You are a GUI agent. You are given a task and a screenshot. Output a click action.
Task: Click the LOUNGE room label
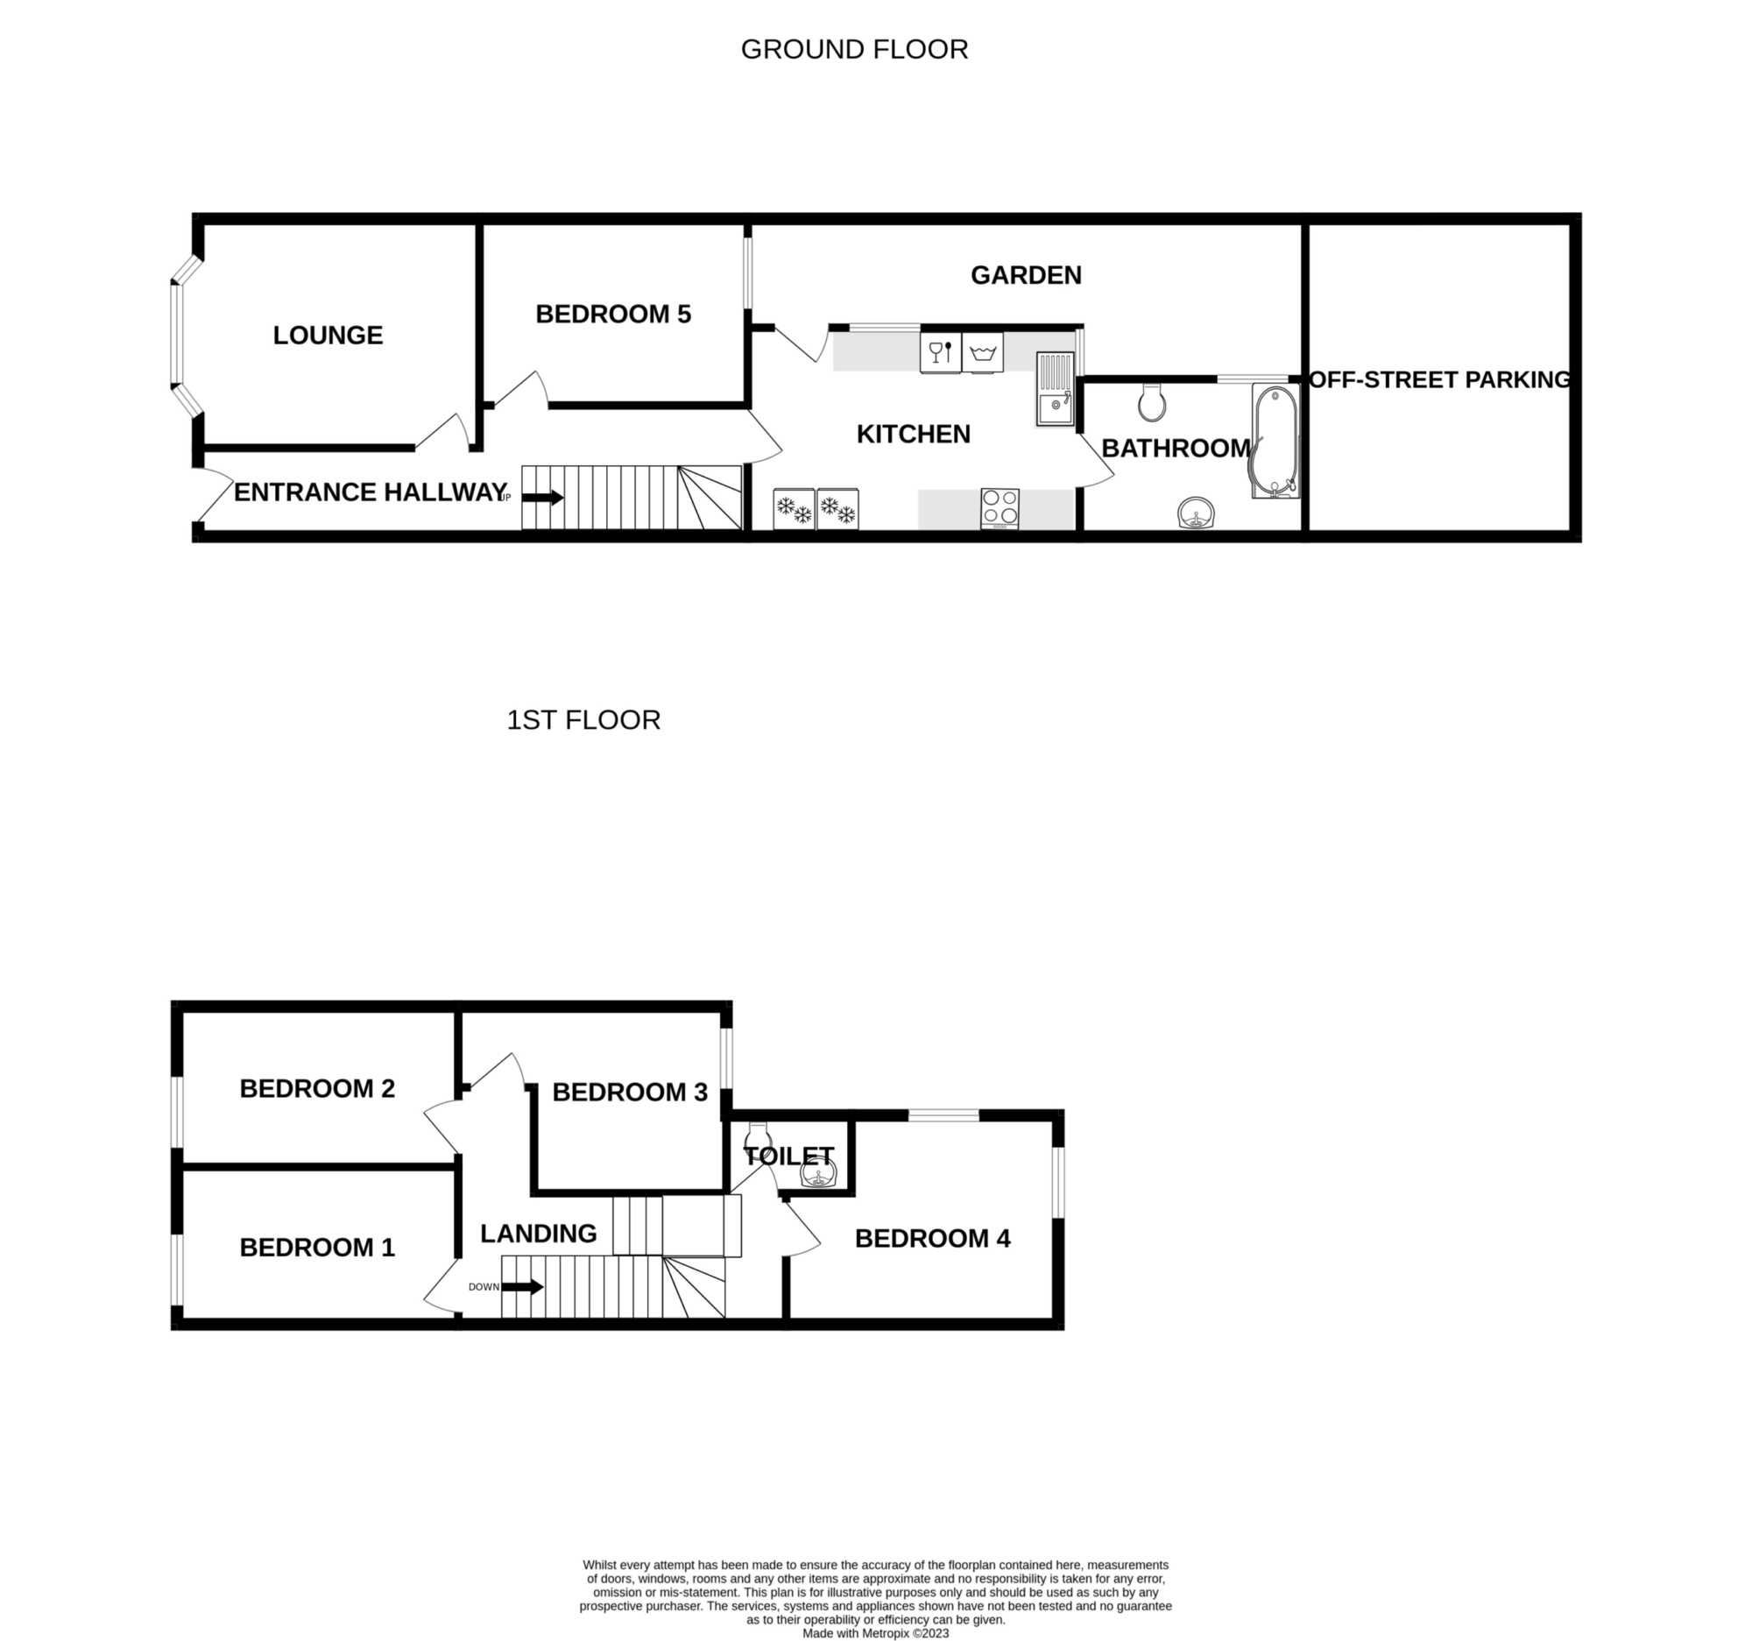[x=328, y=335]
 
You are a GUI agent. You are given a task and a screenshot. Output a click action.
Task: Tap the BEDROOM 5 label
[x=613, y=314]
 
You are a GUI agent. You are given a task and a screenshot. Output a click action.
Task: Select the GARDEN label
[x=1026, y=275]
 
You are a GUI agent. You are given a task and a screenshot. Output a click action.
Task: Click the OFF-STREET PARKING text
[x=1439, y=380]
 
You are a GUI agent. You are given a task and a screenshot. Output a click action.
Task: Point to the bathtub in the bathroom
[x=1275, y=441]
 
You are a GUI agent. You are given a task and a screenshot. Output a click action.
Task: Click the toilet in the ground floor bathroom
[x=1152, y=402]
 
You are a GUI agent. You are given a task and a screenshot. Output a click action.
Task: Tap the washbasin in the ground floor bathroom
[x=1197, y=513]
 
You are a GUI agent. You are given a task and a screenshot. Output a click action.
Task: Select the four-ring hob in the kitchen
[x=1000, y=509]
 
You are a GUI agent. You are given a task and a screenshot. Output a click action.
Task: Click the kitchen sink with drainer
[x=1055, y=389]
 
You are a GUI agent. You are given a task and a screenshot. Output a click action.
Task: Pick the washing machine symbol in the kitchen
[x=983, y=352]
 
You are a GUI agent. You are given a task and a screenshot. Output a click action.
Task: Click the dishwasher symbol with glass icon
[x=940, y=352]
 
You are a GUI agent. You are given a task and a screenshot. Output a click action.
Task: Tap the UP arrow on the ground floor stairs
[x=543, y=498]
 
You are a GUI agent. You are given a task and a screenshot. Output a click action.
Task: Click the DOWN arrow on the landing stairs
[x=523, y=1287]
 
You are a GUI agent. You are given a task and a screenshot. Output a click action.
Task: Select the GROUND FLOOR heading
[x=854, y=49]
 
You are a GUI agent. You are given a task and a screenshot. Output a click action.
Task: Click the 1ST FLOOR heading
[x=583, y=720]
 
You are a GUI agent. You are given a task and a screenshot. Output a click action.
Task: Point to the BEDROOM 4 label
[x=932, y=1238]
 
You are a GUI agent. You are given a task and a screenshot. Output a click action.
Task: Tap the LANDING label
[x=539, y=1233]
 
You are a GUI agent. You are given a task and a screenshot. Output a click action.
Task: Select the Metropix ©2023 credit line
[x=875, y=1633]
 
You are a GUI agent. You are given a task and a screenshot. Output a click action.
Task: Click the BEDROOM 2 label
[x=317, y=1088]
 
